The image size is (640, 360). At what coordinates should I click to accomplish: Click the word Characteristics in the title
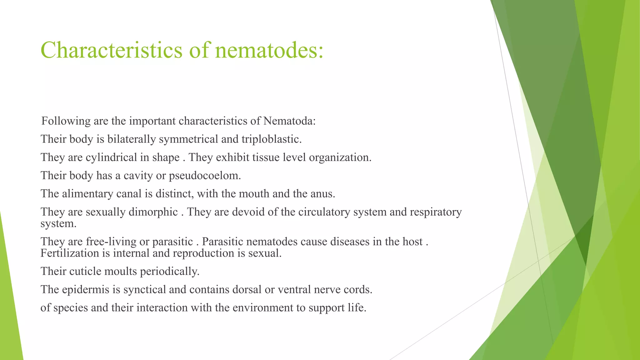[111, 50]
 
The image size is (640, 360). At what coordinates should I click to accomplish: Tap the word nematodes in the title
[269, 50]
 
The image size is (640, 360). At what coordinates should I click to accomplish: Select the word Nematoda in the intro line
[289, 121]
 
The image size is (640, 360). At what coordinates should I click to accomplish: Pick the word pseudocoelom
[205, 176]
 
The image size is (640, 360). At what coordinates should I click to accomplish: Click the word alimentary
[87, 194]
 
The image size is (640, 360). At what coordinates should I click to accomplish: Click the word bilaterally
[132, 139]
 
